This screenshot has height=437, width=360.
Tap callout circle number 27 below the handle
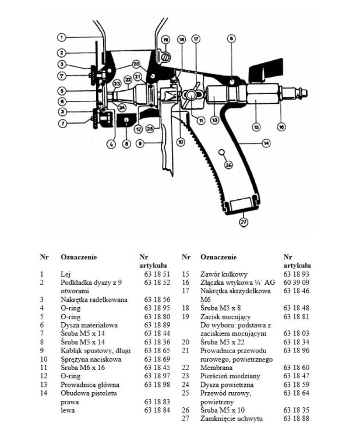(x=243, y=221)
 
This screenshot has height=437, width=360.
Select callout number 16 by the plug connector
(x=281, y=125)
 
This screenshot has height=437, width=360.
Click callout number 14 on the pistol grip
(x=267, y=142)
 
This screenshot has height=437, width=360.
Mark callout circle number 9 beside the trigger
(x=140, y=143)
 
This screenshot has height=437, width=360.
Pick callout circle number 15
(x=255, y=126)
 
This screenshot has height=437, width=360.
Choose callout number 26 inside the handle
(x=229, y=165)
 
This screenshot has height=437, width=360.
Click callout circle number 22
(x=128, y=79)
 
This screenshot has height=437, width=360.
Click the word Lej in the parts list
(x=65, y=273)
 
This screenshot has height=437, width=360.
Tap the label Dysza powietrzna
(x=225, y=385)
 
